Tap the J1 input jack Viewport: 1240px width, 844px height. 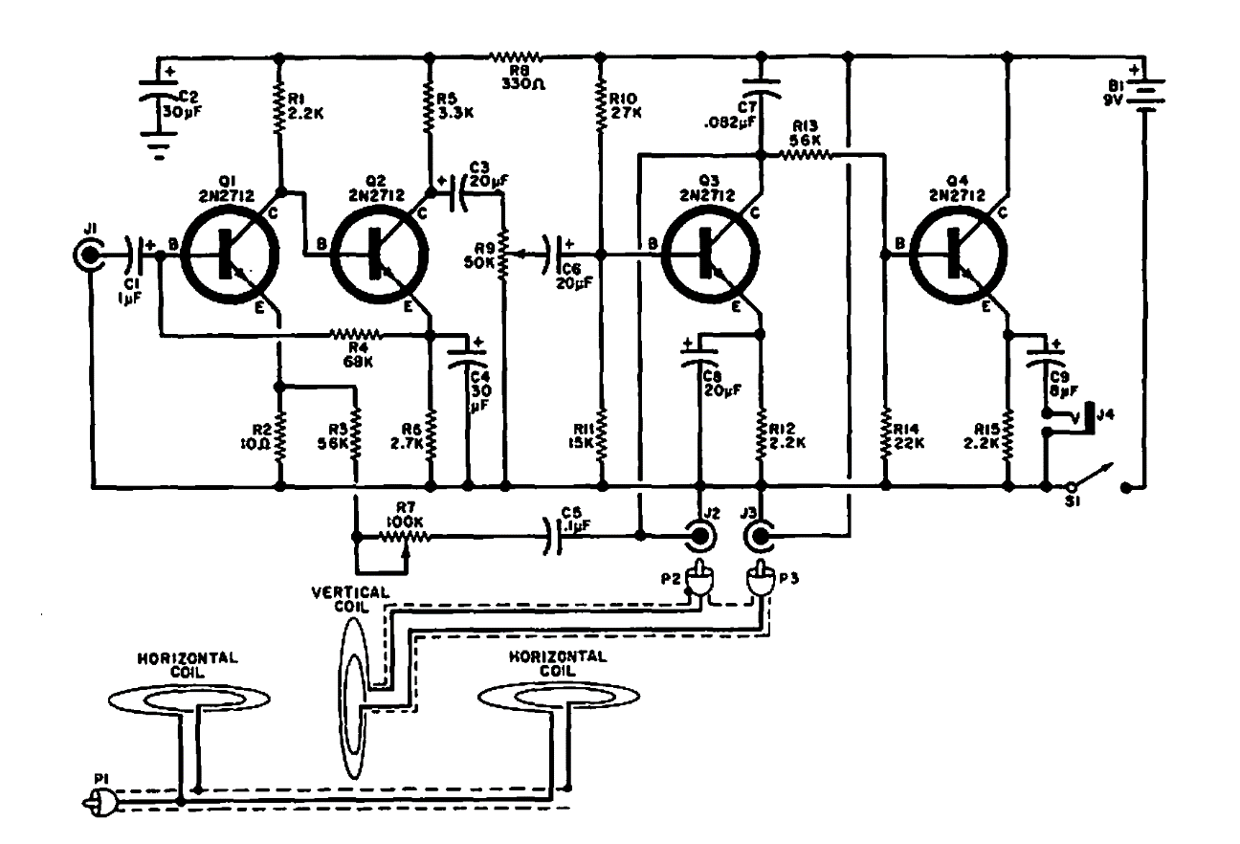coord(88,255)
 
